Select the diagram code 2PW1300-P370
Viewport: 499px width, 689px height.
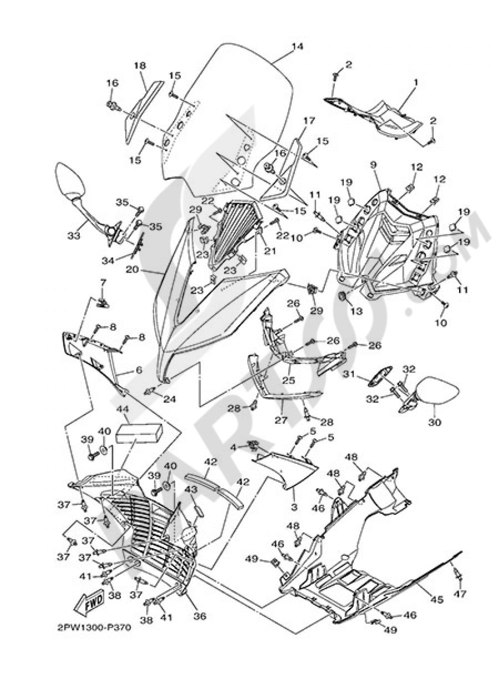pyautogui.click(x=94, y=628)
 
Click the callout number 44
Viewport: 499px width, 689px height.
pyautogui.click(x=122, y=409)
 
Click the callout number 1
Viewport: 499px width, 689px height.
pyautogui.click(x=416, y=81)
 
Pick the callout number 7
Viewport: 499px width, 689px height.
pyautogui.click(x=103, y=283)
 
